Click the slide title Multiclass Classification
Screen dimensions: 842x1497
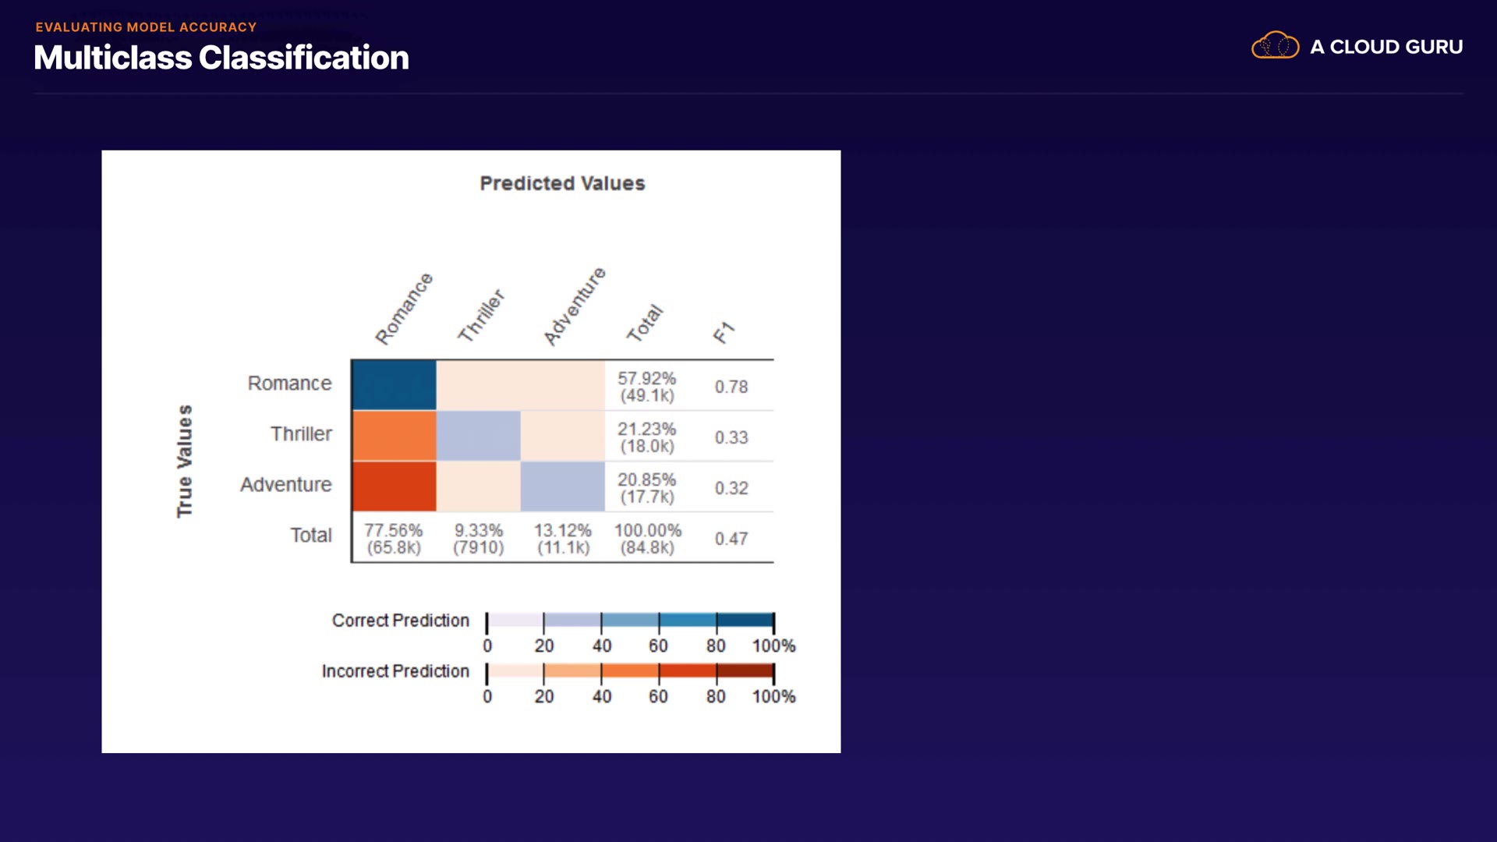point(221,58)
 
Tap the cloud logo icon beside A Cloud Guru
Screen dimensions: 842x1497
point(1275,46)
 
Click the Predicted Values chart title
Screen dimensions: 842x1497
point(562,183)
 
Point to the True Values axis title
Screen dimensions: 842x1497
point(184,461)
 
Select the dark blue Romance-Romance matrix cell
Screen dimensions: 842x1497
point(394,385)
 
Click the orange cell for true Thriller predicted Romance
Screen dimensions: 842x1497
point(394,436)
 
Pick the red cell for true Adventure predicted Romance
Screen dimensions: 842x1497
point(394,486)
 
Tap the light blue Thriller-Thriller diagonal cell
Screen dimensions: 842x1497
point(478,436)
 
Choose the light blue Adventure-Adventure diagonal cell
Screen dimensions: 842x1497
point(562,486)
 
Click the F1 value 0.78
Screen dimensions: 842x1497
point(731,387)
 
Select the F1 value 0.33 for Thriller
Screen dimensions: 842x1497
point(731,437)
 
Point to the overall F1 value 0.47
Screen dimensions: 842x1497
point(731,539)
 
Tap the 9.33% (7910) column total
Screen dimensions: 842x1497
point(478,539)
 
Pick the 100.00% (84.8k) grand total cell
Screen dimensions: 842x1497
point(647,539)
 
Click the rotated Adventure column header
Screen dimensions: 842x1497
point(575,306)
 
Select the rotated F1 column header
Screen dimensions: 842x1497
point(724,333)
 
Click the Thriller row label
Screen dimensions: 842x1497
point(301,433)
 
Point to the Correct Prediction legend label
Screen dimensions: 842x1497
point(400,621)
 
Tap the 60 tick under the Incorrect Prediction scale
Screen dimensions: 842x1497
point(658,696)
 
